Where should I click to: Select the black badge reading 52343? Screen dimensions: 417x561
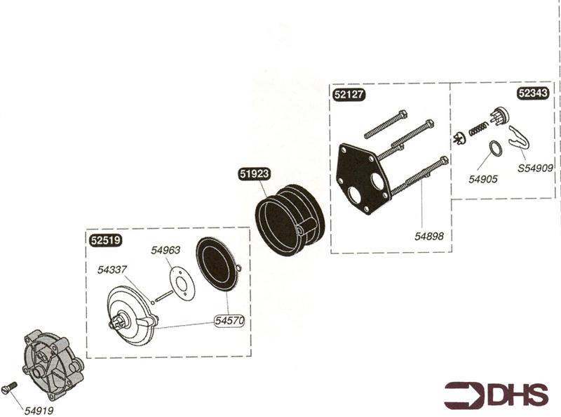click(x=534, y=93)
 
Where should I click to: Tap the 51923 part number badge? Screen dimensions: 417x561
click(x=254, y=175)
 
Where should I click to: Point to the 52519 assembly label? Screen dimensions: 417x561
click(x=107, y=239)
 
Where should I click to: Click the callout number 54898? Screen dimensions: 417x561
click(x=431, y=237)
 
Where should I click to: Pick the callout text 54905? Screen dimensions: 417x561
click(x=483, y=179)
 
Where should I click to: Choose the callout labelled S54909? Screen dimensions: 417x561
click(x=535, y=168)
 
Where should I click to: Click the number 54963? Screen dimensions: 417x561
click(x=165, y=250)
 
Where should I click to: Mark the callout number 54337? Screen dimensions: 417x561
click(x=112, y=269)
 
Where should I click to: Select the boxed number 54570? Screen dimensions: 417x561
click(x=229, y=321)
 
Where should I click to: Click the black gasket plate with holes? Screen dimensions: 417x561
click(x=363, y=178)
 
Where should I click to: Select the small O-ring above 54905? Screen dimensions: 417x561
click(x=495, y=149)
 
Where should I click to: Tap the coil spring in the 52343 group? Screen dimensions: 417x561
click(x=478, y=129)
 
